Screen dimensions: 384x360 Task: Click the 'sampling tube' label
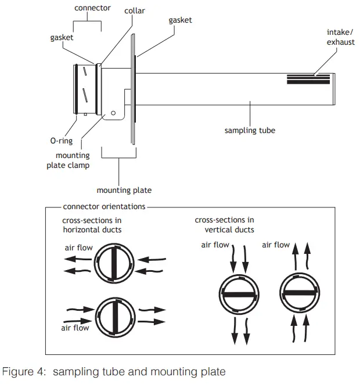tap(250, 131)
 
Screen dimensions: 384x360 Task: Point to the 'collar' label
tap(134, 10)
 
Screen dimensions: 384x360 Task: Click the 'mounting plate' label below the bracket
tap(124, 190)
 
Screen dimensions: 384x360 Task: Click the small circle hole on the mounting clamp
tap(114, 113)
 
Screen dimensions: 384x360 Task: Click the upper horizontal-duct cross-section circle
tap(116, 263)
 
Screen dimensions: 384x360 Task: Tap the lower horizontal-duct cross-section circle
tap(116, 315)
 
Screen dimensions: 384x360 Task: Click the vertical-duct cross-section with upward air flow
tap(299, 294)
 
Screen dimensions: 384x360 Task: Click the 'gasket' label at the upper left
tap(62, 37)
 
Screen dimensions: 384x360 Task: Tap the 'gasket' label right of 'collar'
tap(180, 20)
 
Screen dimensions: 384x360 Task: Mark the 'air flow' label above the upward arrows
tap(276, 245)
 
